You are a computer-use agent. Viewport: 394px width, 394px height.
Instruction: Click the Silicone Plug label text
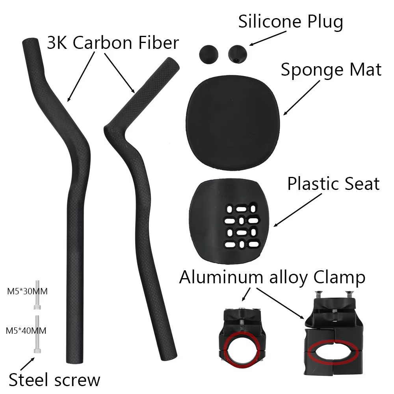pyautogui.click(x=290, y=22)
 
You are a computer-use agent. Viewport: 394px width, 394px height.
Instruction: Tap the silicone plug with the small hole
pyautogui.click(x=238, y=54)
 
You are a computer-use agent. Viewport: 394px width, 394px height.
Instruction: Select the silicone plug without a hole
pyautogui.click(x=208, y=54)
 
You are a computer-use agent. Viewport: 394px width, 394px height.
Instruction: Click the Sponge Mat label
pyautogui.click(x=331, y=70)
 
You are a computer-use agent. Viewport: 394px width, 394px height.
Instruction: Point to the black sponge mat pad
pyautogui.click(x=232, y=123)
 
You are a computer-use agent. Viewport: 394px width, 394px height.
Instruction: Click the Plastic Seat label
pyautogui.click(x=333, y=184)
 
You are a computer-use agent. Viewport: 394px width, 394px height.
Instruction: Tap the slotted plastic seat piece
pyautogui.click(x=229, y=221)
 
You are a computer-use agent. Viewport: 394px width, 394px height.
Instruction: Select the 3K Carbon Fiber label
pyautogui.click(x=113, y=43)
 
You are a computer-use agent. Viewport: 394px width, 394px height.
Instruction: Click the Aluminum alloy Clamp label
pyautogui.click(x=272, y=278)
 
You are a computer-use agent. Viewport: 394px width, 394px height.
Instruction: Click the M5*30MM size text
pyautogui.click(x=27, y=292)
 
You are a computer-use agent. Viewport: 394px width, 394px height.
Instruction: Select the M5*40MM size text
pyautogui.click(x=26, y=331)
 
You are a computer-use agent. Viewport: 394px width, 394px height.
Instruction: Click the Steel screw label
pyautogui.click(x=54, y=380)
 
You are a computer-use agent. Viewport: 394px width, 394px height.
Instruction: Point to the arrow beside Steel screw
pyautogui.click(x=28, y=364)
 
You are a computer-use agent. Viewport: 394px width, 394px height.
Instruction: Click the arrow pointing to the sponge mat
pyautogui.click(x=301, y=98)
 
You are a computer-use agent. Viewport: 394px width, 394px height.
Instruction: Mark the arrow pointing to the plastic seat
pyautogui.click(x=297, y=210)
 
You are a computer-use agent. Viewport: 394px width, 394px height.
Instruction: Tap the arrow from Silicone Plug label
pyautogui.click(x=268, y=39)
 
